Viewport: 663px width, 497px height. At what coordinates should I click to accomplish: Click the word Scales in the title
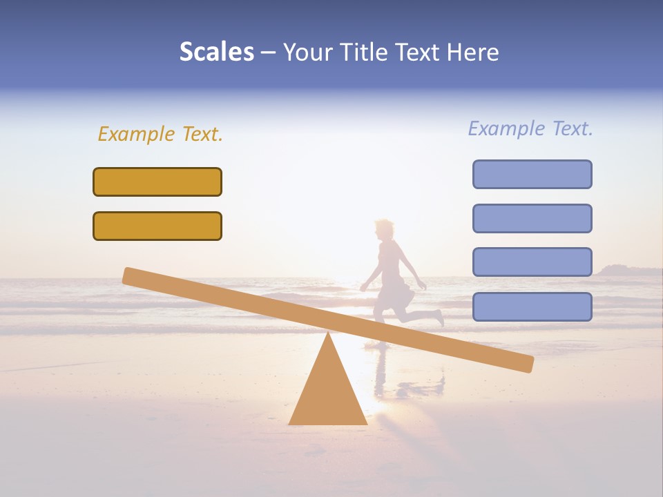click(x=216, y=52)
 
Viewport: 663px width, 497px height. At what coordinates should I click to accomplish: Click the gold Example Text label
click(x=160, y=134)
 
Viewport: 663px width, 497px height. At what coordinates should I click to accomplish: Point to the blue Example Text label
click(x=530, y=128)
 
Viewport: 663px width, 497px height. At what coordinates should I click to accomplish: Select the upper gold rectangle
click(x=157, y=182)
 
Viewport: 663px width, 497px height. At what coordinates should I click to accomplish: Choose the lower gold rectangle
click(x=157, y=226)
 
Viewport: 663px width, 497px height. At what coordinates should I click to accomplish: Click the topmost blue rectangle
click(x=532, y=174)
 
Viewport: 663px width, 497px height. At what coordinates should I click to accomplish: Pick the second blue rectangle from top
click(x=532, y=218)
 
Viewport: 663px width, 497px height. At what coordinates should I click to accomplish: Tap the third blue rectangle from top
click(x=532, y=262)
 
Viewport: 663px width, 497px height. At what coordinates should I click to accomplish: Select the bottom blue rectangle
click(x=532, y=306)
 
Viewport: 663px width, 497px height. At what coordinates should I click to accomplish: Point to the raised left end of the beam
click(x=130, y=275)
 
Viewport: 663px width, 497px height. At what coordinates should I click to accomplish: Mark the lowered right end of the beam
click(x=526, y=363)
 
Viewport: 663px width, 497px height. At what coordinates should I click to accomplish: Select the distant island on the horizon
click(x=622, y=270)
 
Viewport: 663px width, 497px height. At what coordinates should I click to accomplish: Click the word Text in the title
click(x=419, y=52)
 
